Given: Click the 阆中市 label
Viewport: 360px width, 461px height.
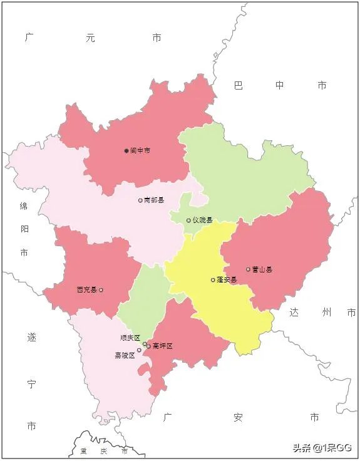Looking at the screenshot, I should pyautogui.click(x=140, y=151).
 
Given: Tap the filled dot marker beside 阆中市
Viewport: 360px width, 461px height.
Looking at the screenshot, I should pyautogui.click(x=126, y=151).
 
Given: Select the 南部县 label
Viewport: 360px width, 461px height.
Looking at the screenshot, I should pyautogui.click(x=154, y=200).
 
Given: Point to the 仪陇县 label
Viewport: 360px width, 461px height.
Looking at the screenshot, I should pyautogui.click(x=203, y=220).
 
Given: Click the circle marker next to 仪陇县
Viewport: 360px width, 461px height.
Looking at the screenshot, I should pyautogui.click(x=188, y=220).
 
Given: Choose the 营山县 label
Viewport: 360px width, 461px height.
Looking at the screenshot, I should pyautogui.click(x=262, y=270).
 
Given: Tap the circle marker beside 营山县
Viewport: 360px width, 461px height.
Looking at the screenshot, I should pyautogui.click(x=248, y=270).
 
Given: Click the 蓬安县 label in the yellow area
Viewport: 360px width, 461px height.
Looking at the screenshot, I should pyautogui.click(x=227, y=280).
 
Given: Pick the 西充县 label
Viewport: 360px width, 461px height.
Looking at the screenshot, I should pyautogui.click(x=86, y=290).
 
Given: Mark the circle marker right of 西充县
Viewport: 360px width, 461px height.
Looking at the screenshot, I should pyautogui.click(x=101, y=290).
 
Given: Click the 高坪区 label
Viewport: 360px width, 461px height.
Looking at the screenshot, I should pyautogui.click(x=162, y=346).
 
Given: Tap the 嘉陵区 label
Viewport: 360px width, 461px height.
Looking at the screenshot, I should pyautogui.click(x=125, y=355).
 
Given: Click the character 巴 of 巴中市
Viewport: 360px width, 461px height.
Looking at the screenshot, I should pyautogui.click(x=238, y=85).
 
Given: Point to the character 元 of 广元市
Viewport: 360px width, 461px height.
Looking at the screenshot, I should pyautogui.click(x=91, y=38).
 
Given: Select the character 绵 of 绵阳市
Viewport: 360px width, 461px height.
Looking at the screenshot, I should pyautogui.click(x=23, y=206).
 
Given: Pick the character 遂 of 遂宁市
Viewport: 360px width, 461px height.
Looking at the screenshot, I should pyautogui.click(x=31, y=338).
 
